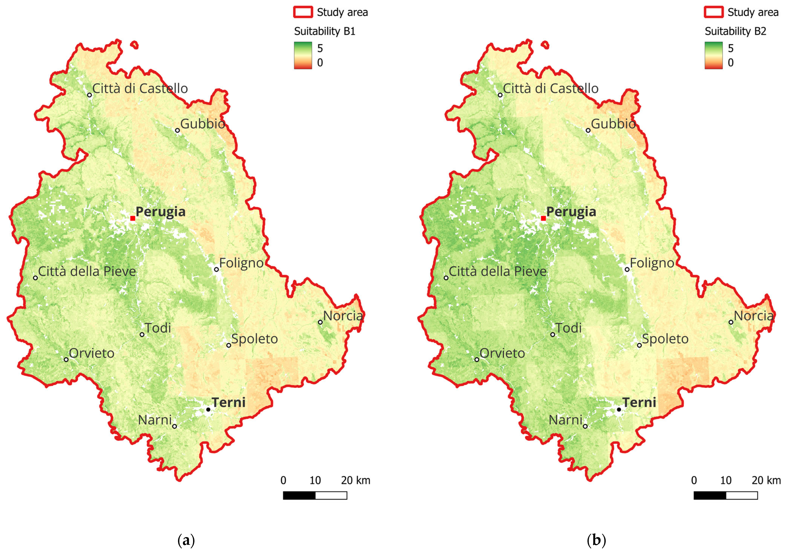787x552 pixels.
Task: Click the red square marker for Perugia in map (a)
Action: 133,218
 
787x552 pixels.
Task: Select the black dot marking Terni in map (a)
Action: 208,410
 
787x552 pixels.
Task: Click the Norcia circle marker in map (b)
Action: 731,322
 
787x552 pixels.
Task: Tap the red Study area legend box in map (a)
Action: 303,12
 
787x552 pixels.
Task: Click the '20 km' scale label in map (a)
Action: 355,480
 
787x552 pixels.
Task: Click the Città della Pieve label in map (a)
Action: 87,271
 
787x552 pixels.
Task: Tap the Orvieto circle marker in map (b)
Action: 477,359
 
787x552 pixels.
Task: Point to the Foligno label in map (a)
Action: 241,263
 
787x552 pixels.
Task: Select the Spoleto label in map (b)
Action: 665,339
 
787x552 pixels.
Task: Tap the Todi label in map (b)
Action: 568,328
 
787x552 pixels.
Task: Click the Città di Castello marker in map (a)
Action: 90,95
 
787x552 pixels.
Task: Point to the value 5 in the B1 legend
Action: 320,48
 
